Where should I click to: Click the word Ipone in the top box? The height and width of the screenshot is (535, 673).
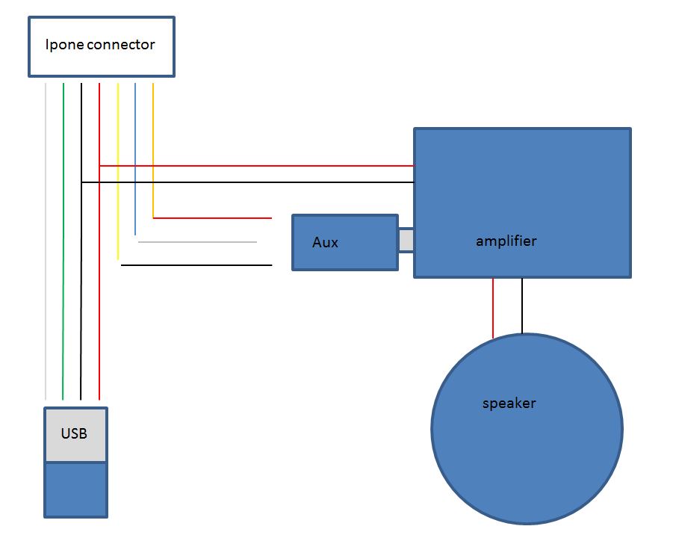65,45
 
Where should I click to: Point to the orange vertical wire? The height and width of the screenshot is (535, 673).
153,149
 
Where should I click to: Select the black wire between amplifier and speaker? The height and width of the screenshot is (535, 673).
522,306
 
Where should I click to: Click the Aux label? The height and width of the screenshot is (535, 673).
325,243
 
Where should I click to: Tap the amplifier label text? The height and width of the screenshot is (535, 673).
506,241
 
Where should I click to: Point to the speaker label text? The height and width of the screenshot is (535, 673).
509,403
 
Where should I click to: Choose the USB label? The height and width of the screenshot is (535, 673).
74,433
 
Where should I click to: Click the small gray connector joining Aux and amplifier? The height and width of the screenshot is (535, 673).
406,241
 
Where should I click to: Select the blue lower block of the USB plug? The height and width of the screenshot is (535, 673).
75,489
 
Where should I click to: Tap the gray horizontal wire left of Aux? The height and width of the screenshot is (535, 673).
197,242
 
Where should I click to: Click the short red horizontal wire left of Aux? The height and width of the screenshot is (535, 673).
212,218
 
